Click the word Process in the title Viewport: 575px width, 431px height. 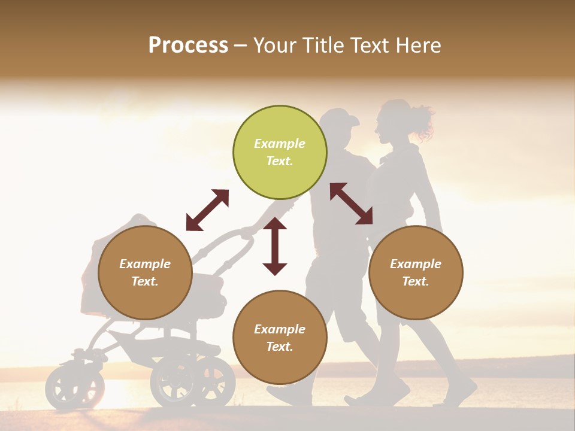[x=188, y=45]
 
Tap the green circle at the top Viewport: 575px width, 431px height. [x=280, y=153]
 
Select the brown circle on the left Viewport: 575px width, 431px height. [x=145, y=272]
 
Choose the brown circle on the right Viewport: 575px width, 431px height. [x=416, y=272]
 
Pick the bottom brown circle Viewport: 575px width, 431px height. [x=280, y=338]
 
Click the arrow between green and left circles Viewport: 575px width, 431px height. [x=207, y=210]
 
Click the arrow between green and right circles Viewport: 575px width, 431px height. [x=352, y=204]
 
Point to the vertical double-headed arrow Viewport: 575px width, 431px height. [x=275, y=246]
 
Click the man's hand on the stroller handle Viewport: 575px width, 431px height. [x=247, y=232]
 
